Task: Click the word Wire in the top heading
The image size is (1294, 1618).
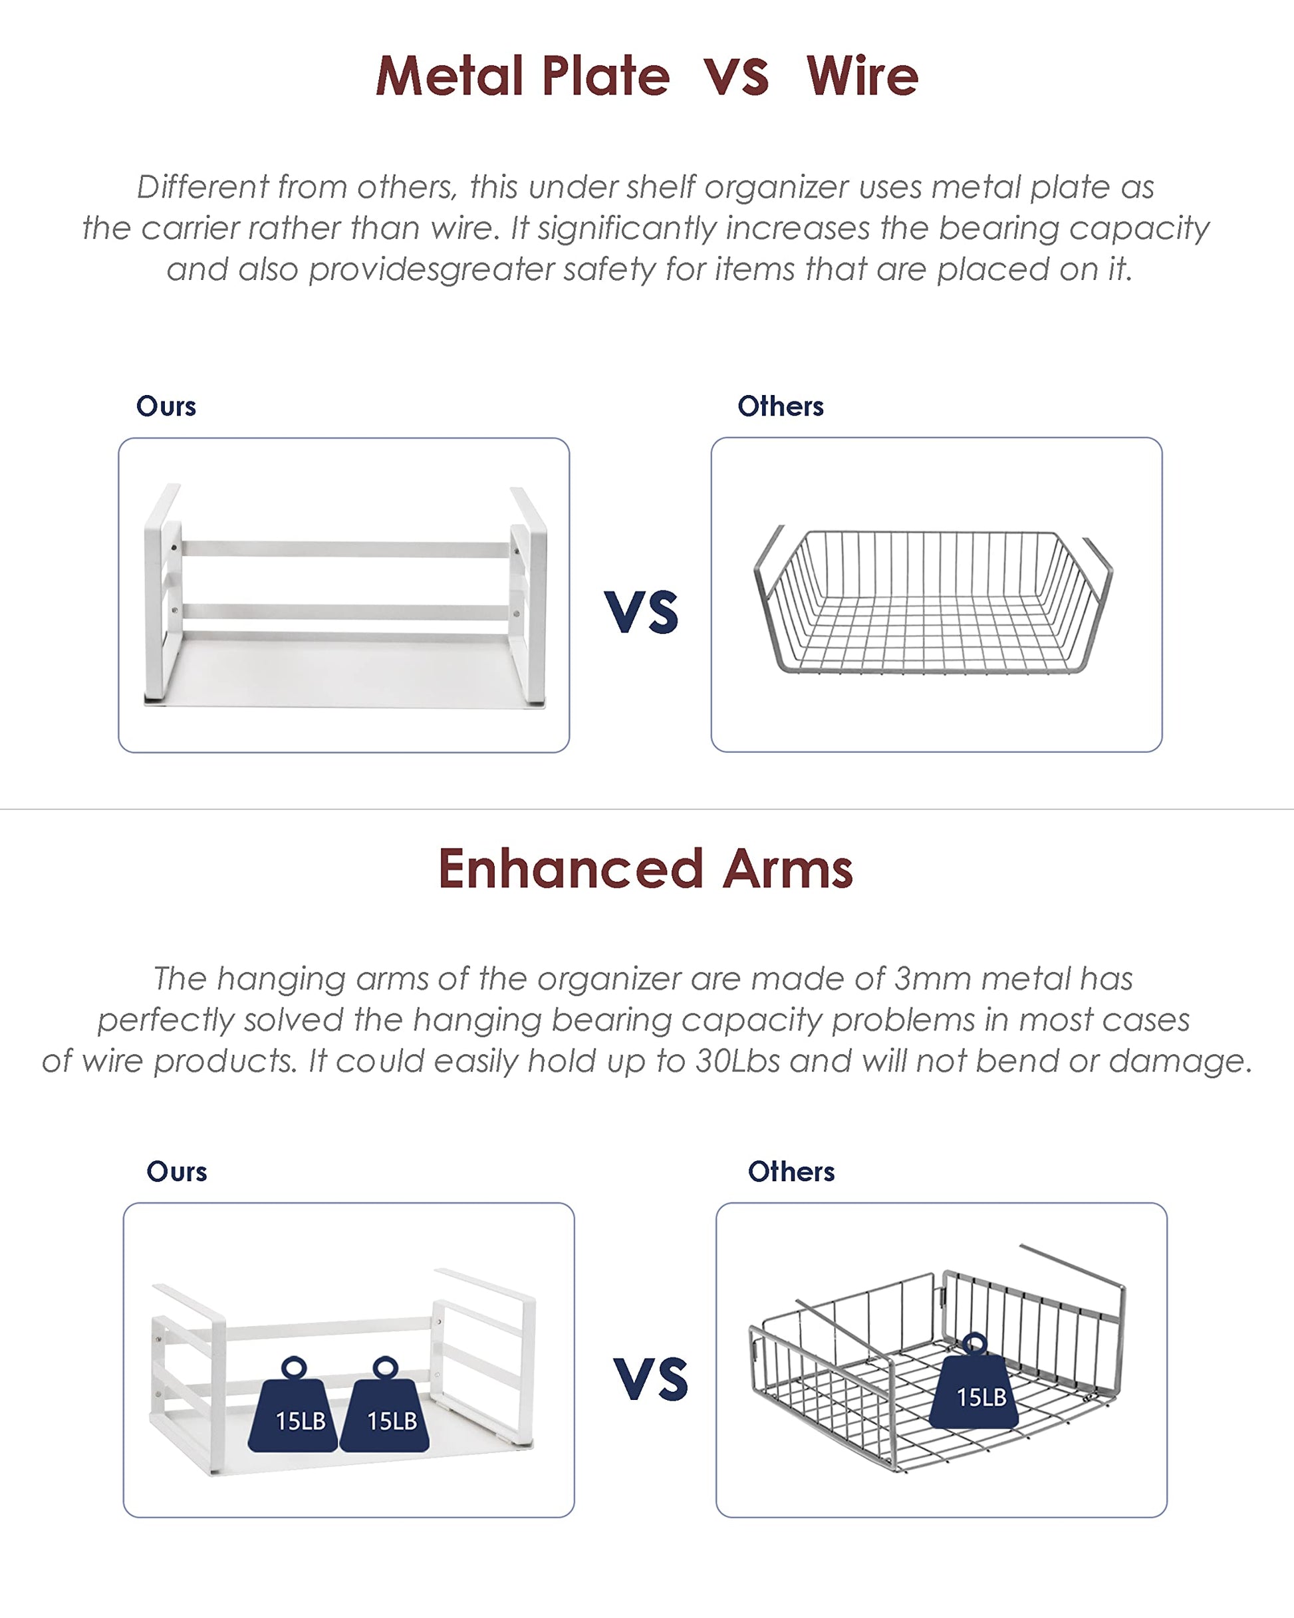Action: tap(862, 76)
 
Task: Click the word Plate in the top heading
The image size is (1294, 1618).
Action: tap(605, 76)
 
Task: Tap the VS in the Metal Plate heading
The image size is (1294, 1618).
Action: tap(736, 77)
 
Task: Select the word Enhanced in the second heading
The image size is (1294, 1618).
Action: tap(571, 869)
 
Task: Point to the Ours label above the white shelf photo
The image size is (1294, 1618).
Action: tap(166, 406)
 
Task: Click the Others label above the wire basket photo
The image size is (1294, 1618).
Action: tap(781, 406)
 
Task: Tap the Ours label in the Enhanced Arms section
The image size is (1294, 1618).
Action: tap(176, 1172)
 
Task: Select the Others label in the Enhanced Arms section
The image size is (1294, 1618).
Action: tap(791, 1172)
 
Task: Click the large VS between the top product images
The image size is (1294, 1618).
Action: tap(642, 612)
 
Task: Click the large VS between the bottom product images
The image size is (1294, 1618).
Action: tap(651, 1379)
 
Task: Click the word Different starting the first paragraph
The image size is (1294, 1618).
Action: tap(203, 187)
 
